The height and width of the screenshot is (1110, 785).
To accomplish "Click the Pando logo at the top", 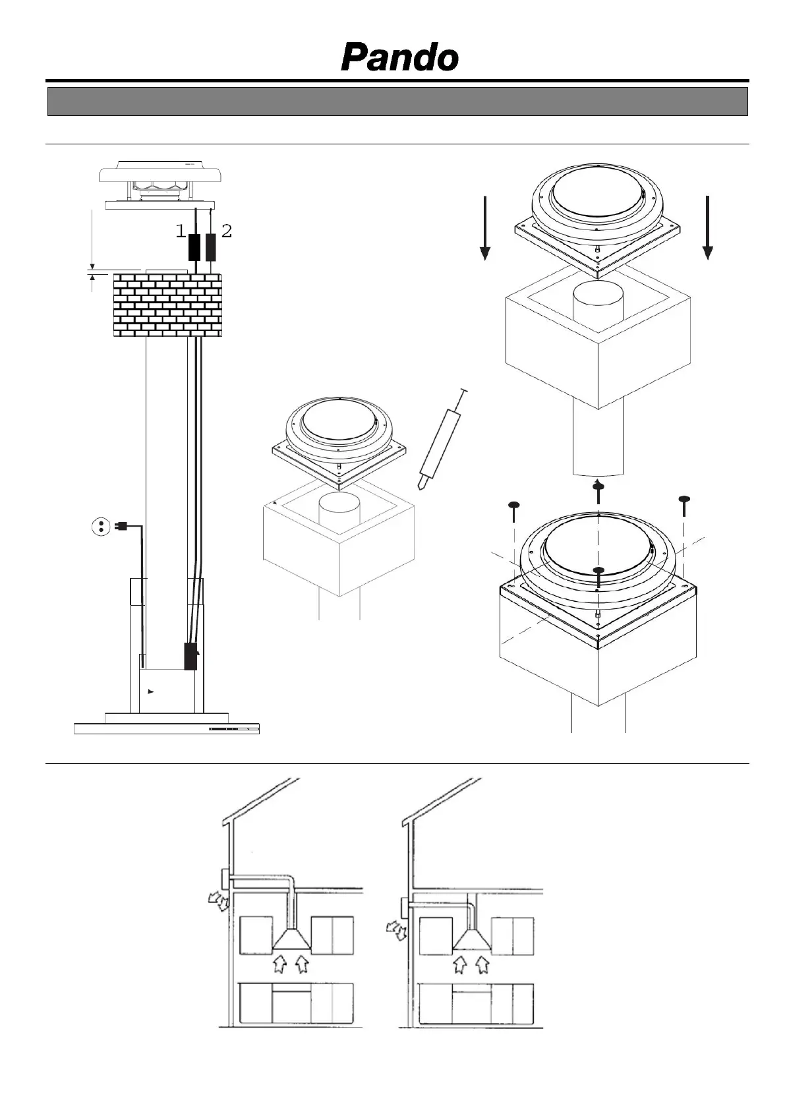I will coord(399,58).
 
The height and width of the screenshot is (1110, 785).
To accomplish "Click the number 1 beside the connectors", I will coord(181,231).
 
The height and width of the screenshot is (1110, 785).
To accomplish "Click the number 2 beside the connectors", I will coord(226,231).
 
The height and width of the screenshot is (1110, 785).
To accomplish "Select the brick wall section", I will coord(167,305).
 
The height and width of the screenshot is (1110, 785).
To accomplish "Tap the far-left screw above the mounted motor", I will coord(514,506).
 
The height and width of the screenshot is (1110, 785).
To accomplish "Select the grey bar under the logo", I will coord(397,102).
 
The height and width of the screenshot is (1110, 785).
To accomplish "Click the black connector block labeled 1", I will coord(195,247).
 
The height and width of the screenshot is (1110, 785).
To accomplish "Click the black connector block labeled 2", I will coord(211,247).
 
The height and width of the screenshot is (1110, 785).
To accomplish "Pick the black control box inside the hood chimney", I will coord(190,656).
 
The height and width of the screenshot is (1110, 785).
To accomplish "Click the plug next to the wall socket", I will coord(121,526).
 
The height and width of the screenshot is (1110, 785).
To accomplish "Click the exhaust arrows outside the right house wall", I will coord(397,930).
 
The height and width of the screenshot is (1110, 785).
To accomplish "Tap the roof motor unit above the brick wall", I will coord(160,183).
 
